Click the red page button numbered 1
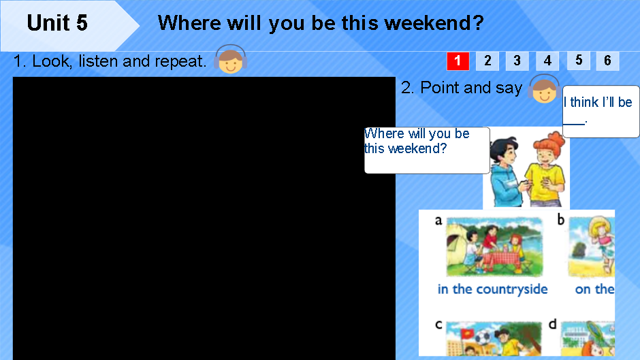point(458,61)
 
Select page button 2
point(487,61)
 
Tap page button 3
point(517,61)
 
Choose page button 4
point(547,61)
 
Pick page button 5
point(578,60)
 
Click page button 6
point(608,60)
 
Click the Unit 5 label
point(57,24)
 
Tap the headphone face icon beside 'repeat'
point(231,61)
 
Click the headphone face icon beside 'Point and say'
point(544,89)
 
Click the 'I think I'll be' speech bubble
point(601,111)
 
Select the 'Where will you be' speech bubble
point(426,150)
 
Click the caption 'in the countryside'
point(492,289)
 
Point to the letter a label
point(438,220)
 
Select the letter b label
point(561,219)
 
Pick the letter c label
point(438,325)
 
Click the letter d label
point(553,325)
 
